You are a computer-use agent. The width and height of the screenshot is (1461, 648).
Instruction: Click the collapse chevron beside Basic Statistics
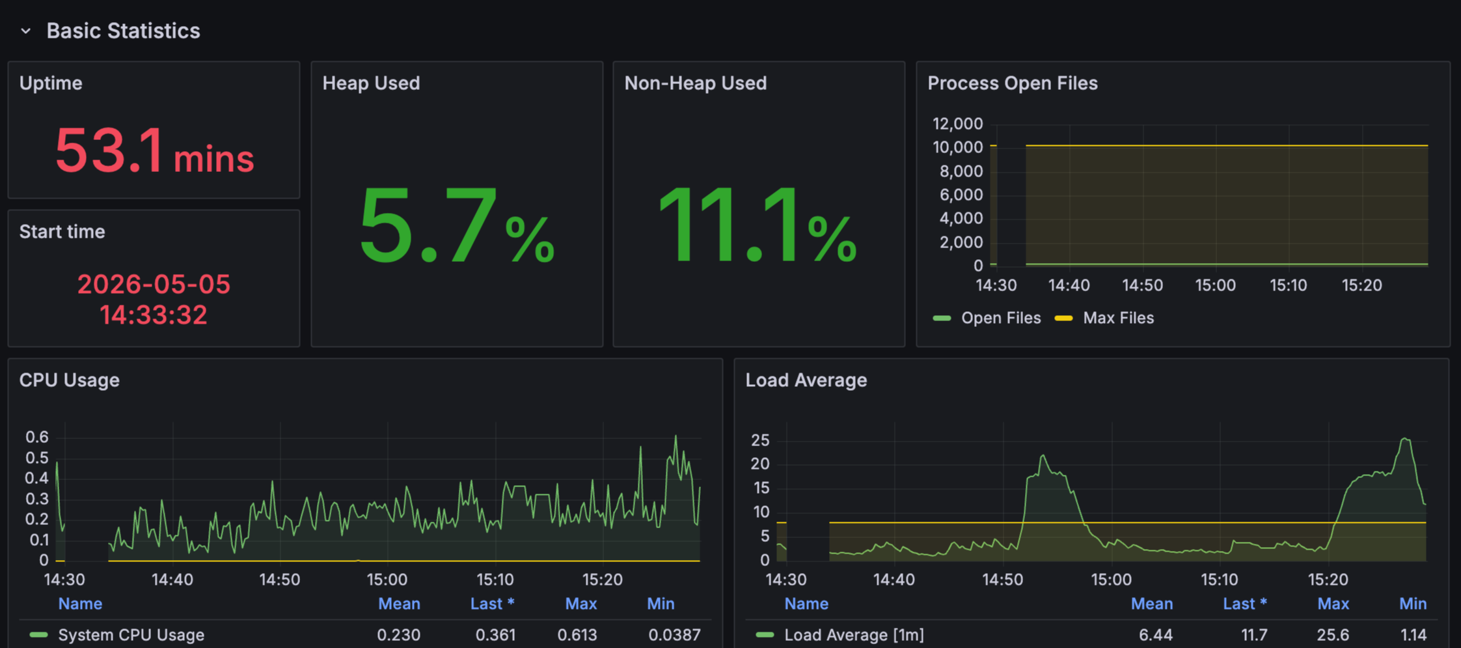[x=25, y=31]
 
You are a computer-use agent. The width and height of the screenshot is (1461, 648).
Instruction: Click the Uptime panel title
[x=51, y=83]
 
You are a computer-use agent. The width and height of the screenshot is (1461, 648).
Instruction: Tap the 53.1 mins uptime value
[x=154, y=151]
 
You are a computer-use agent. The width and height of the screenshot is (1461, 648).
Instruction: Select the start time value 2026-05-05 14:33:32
[x=154, y=299]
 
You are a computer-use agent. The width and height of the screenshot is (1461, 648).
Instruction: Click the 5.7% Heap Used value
[x=457, y=225]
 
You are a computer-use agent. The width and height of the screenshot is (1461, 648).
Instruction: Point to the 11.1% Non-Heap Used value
[x=758, y=225]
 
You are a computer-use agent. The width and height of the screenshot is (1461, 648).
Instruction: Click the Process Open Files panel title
[x=1012, y=83]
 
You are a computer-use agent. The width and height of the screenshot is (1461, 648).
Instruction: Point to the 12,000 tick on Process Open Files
[x=957, y=124]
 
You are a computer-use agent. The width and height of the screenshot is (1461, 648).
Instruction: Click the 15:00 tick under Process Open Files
[x=1215, y=285]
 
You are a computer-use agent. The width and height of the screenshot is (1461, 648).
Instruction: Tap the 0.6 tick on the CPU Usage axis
[x=37, y=437]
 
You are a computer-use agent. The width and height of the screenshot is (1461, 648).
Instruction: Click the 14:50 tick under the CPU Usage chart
[x=280, y=580]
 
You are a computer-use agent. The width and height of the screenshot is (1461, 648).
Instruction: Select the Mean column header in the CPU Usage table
[x=399, y=604]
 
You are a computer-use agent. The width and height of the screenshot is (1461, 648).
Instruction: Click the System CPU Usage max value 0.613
[x=577, y=635]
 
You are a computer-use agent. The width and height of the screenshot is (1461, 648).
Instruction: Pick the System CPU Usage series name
[x=131, y=635]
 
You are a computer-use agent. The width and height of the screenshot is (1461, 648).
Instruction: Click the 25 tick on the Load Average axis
[x=760, y=440]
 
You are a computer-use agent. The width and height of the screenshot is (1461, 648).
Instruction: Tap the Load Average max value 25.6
[x=1332, y=635]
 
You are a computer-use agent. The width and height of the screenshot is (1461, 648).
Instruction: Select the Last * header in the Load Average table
[x=1244, y=604]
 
